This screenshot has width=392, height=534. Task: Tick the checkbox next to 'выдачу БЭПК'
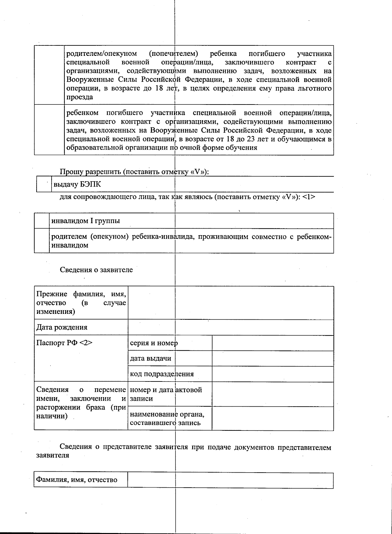click(x=43, y=185)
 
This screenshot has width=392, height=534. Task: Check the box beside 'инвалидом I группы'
click(x=41, y=221)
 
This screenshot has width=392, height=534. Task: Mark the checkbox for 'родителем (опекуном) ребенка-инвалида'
click(x=41, y=241)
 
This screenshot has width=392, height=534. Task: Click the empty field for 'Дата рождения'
click(x=231, y=327)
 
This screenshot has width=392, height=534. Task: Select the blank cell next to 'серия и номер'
click(x=273, y=343)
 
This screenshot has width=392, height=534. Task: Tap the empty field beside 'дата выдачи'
click(x=273, y=359)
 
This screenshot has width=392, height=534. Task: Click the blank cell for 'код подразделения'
click(x=273, y=374)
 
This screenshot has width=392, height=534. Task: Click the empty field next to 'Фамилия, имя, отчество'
click(x=230, y=480)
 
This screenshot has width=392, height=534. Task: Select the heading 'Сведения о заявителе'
click(x=96, y=270)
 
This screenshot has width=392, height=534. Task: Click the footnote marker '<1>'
click(x=309, y=197)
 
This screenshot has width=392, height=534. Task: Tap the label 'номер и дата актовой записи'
click(x=166, y=394)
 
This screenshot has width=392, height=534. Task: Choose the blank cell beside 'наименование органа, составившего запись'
click(x=273, y=418)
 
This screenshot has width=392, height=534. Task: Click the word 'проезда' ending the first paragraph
click(x=80, y=97)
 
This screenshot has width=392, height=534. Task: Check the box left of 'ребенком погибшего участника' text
click(x=49, y=130)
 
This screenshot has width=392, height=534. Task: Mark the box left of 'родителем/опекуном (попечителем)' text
click(x=49, y=75)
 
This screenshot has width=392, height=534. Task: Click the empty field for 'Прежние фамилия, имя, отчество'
click(x=231, y=303)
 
